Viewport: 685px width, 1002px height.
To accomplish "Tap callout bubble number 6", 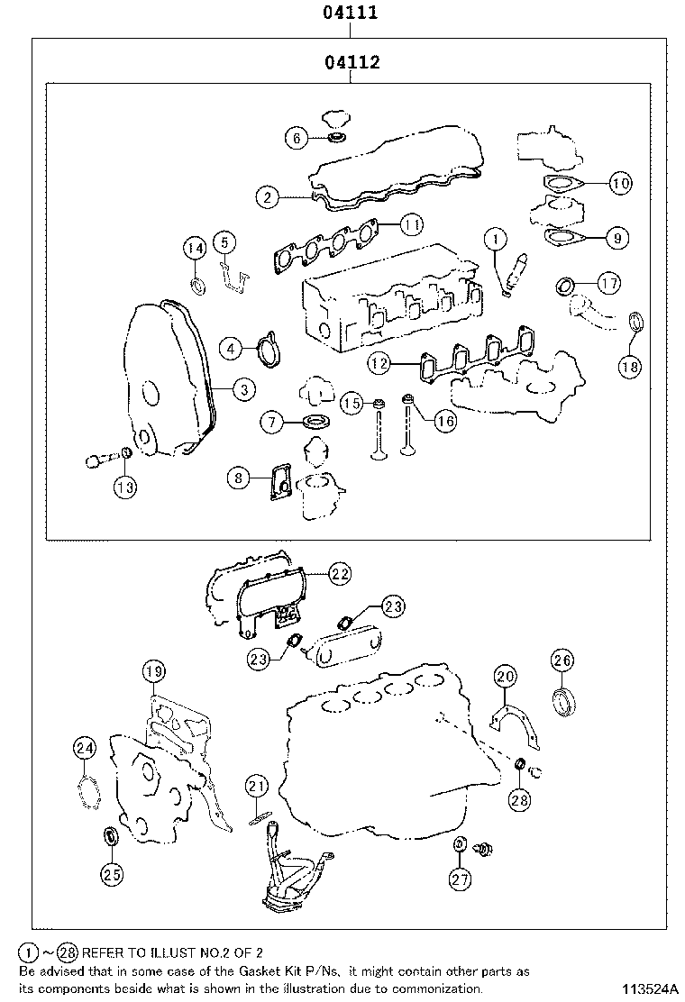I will pos(295,138).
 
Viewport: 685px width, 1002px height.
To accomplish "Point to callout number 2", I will pos(266,196).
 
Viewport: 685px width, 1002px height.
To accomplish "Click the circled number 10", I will pos(620,184).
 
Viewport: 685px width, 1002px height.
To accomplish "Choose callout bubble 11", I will pos(411,223).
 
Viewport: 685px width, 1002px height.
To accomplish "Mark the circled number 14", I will pos(196,249).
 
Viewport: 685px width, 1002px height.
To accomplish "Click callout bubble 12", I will pos(379,363).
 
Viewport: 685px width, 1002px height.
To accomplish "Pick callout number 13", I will pos(125,487).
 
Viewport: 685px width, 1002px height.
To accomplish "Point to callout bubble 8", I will pos(238,478).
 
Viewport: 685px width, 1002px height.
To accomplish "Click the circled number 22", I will pos(339,572).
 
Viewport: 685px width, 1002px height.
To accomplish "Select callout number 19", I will pos(154,670).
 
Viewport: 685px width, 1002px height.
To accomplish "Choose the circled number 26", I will pos(562,661).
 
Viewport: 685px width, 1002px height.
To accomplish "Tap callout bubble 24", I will pos(85,747).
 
